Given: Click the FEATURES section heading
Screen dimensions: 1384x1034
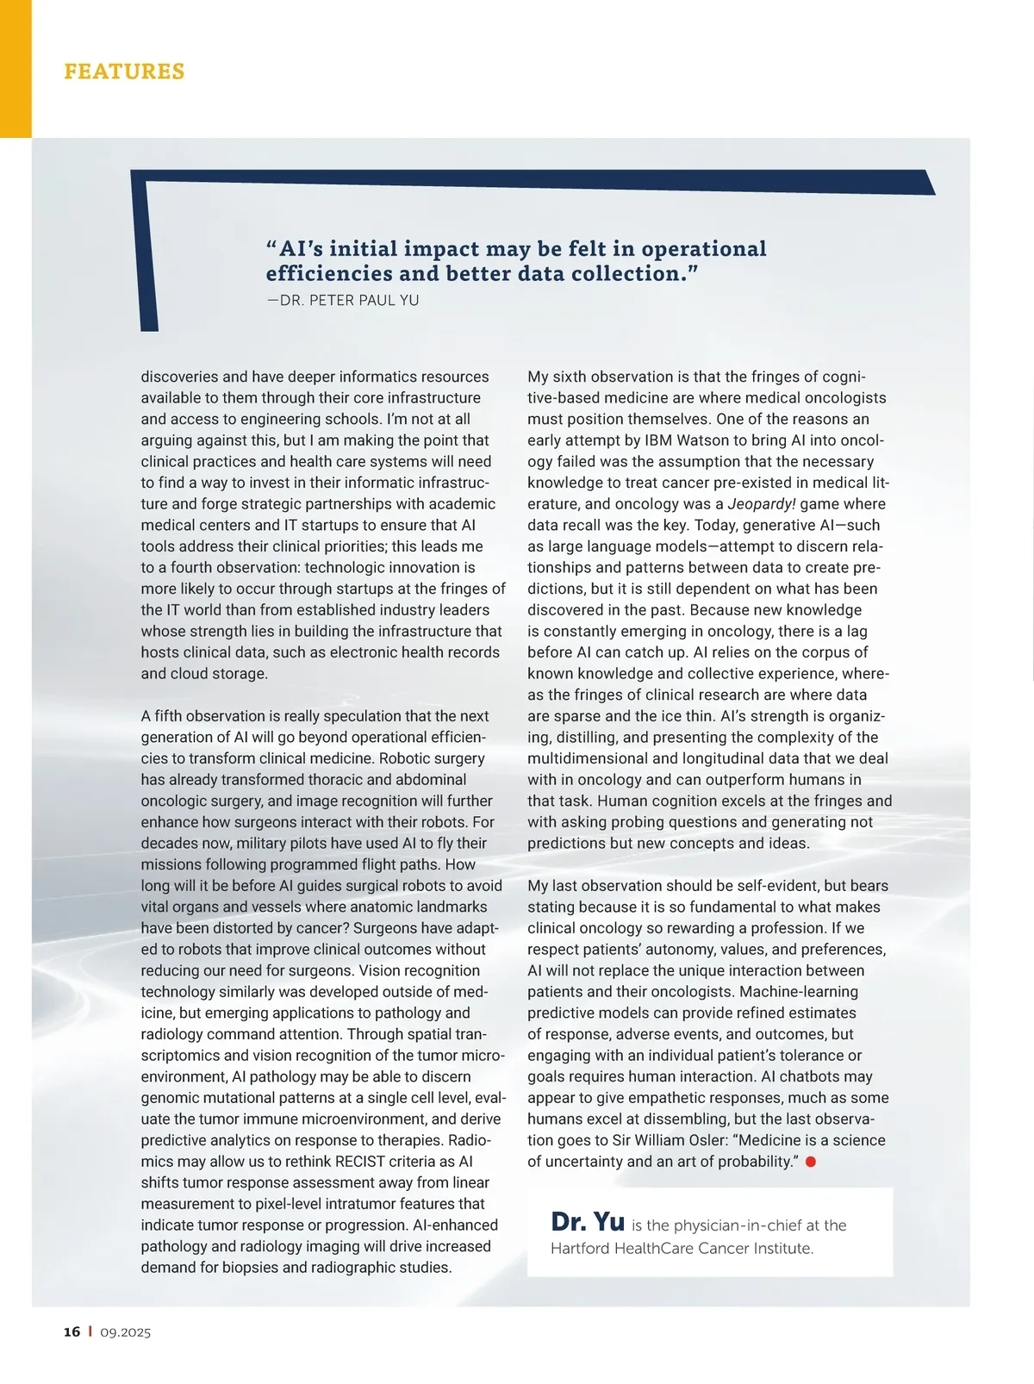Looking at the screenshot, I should (x=124, y=72).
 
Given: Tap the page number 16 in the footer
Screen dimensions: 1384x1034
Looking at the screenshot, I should (x=72, y=1331).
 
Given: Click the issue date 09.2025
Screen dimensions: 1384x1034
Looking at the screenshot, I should (x=125, y=1332).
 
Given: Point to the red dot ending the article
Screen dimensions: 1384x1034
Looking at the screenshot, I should (x=810, y=1162).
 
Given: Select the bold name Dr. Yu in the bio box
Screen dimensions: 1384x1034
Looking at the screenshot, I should (x=587, y=1222).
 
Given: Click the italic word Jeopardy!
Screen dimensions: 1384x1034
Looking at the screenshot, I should (x=762, y=504).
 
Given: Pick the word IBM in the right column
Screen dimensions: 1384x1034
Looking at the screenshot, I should (x=658, y=440).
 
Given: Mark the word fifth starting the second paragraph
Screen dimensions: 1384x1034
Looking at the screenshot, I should (x=168, y=716).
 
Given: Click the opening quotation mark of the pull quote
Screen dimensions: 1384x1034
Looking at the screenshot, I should (x=271, y=248).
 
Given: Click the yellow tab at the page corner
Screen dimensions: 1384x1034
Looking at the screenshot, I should (x=16, y=69).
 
